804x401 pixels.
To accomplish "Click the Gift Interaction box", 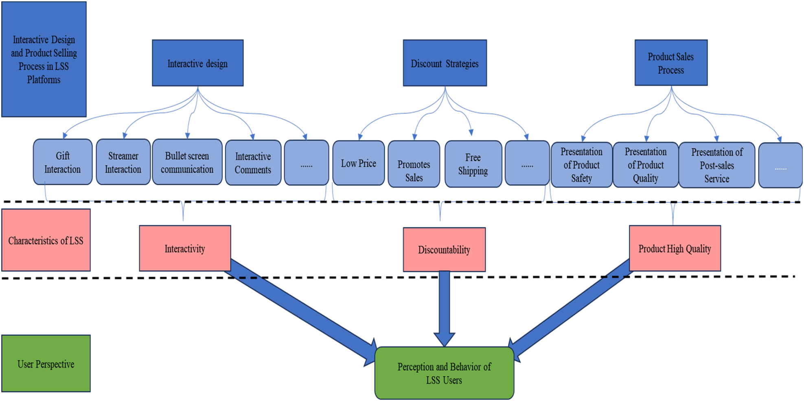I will point(63,162).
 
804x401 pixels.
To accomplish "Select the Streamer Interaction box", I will point(123,162).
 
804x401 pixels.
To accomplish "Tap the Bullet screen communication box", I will point(187,162).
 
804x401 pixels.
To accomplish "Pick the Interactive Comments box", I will point(253,163).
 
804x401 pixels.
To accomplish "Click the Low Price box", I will point(358,163).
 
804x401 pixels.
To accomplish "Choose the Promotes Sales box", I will point(414,164).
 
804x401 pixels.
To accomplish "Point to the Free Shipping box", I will point(473,164).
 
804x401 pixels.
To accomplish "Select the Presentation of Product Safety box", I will point(581,165).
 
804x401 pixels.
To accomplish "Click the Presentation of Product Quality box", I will point(645,165).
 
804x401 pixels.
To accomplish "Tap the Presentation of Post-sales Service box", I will point(717,165).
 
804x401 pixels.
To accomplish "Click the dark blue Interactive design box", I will point(197,63).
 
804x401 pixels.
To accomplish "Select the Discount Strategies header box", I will point(445,63).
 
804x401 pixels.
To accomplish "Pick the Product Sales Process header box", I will point(671,63).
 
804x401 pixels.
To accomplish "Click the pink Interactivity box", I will point(185,248).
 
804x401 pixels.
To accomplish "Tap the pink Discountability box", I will point(444,250).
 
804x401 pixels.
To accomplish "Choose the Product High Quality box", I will point(675,248).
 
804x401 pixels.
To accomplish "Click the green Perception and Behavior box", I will point(444,373).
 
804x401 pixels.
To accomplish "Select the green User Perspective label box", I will point(46,364).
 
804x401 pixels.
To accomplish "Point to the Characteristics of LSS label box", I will point(46,240).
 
